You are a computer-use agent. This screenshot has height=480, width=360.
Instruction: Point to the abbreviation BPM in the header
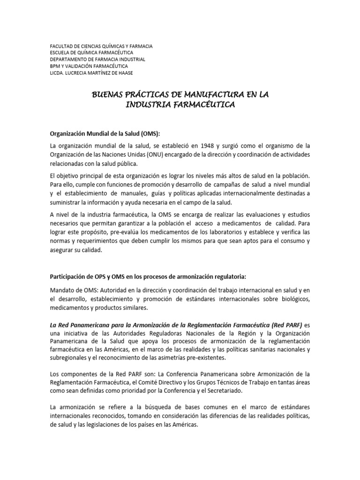click(x=55, y=66)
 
